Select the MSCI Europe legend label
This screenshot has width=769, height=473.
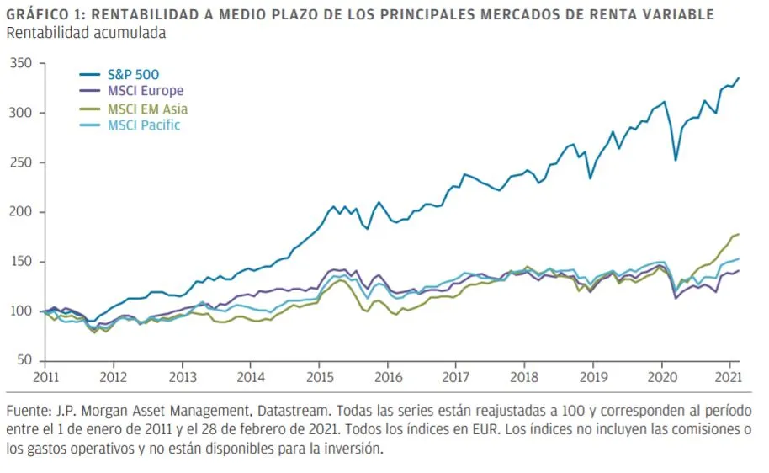(145, 91)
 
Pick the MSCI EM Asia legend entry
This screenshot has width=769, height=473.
(147, 109)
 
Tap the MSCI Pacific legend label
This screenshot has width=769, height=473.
(144, 125)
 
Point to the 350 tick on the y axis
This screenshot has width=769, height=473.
(20, 63)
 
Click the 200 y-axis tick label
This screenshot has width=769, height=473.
(20, 212)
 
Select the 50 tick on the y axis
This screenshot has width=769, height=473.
(24, 360)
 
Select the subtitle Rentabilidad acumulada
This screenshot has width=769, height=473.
(86, 33)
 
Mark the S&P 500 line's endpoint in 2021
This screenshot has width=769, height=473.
(739, 78)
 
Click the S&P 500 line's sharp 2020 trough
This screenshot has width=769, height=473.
(675, 160)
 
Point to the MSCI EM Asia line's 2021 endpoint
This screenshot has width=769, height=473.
(739, 234)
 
